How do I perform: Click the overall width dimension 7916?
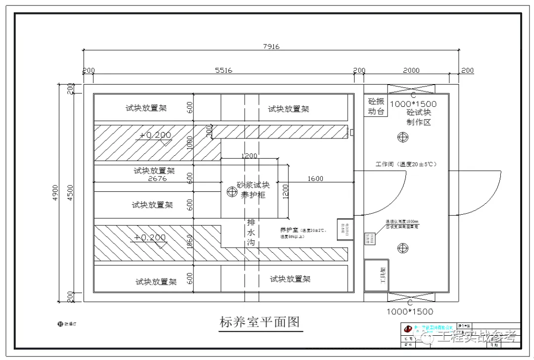[271, 46]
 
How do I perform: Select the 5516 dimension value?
[223, 70]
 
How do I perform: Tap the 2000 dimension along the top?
[411, 70]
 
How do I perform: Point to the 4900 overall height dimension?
[55, 193]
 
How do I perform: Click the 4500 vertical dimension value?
[70, 193]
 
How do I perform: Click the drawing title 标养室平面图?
[260, 322]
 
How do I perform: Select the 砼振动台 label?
[376, 106]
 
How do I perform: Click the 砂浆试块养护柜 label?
[253, 190]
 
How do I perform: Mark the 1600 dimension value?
[315, 179]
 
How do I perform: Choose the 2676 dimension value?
[157, 179]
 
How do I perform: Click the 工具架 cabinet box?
[376, 275]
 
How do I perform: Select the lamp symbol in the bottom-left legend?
[60, 324]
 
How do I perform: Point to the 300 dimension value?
[210, 132]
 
